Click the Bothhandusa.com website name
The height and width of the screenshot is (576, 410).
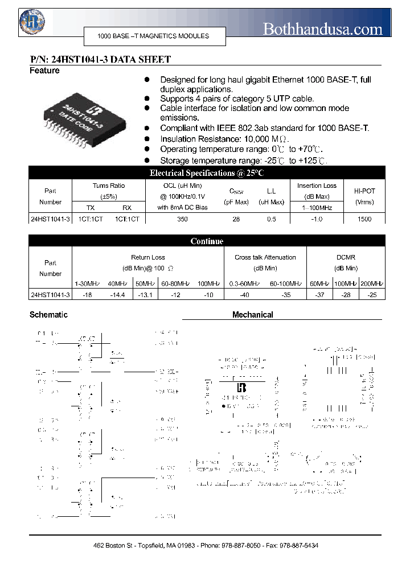click(322, 28)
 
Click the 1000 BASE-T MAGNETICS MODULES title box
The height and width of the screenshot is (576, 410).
click(154, 36)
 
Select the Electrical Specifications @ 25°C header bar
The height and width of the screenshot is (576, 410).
click(207, 173)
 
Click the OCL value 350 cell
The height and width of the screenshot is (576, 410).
click(182, 219)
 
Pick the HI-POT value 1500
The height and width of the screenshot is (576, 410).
click(364, 219)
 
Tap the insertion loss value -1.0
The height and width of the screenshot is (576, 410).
click(317, 219)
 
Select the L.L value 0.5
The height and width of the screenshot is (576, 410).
click(272, 219)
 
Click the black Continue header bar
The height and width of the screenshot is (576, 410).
click(207, 241)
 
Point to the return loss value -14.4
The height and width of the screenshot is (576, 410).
click(117, 295)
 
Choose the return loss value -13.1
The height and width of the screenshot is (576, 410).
click(145, 295)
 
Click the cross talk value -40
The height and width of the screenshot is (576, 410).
click(244, 295)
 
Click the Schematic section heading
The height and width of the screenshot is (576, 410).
click(48, 315)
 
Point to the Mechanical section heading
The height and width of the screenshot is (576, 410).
click(252, 315)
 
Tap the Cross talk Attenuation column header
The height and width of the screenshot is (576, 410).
click(265, 257)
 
